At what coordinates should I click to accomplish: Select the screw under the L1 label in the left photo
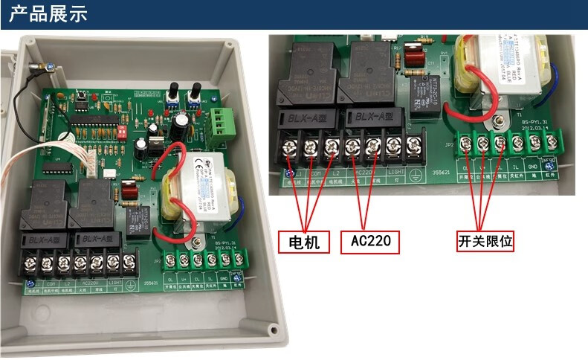32,263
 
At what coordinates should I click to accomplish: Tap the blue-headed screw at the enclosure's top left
46,65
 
